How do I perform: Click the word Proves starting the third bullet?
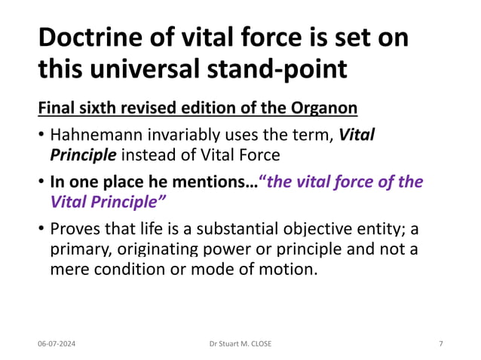click(72, 229)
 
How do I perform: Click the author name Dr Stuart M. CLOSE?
click(240, 344)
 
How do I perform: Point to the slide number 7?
click(441, 344)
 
